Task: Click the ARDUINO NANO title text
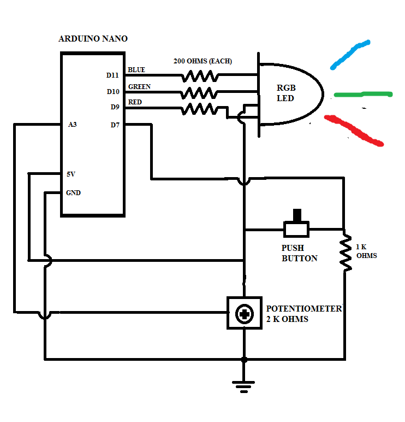(x=93, y=39)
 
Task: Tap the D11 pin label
(x=112, y=75)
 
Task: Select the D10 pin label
(x=112, y=91)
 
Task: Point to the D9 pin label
(x=114, y=107)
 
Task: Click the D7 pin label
(x=115, y=125)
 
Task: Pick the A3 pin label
(x=72, y=125)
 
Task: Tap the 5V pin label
(x=71, y=174)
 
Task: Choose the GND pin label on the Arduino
(x=73, y=192)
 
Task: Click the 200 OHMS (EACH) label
(x=202, y=61)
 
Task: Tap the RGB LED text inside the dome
(x=285, y=93)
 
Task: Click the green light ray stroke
(x=363, y=95)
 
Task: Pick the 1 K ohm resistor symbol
(x=345, y=253)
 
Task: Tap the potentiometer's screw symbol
(x=243, y=314)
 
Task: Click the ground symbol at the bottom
(x=243, y=385)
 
